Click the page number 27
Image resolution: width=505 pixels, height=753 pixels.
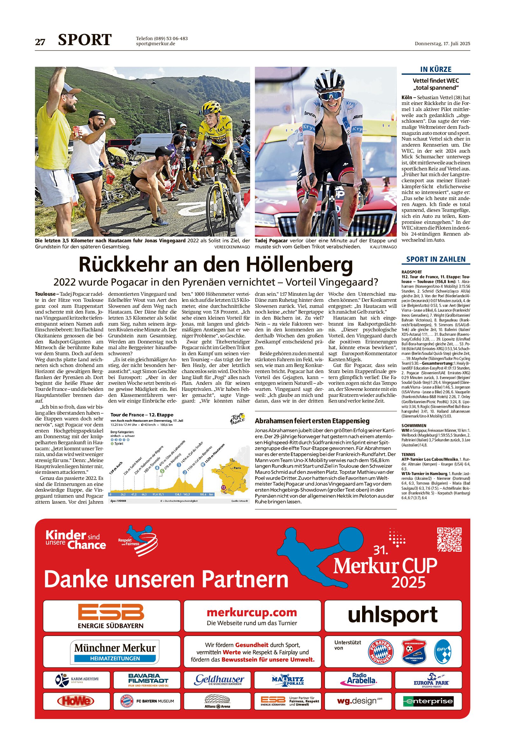40,42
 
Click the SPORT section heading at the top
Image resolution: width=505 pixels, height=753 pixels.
85,40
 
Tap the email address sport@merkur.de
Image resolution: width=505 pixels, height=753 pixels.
156,44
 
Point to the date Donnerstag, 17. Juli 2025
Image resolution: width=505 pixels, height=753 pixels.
442,44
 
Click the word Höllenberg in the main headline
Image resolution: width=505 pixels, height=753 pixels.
299,265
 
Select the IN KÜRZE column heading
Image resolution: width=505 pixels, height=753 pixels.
436,69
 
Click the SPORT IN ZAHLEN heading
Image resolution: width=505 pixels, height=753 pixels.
436,259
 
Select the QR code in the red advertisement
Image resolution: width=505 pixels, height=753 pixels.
449,539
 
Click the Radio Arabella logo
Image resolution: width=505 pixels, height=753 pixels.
359,678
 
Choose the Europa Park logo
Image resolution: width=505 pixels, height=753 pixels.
431,679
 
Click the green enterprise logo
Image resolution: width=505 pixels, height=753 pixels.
428,701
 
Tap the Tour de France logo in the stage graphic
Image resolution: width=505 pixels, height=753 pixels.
237,419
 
